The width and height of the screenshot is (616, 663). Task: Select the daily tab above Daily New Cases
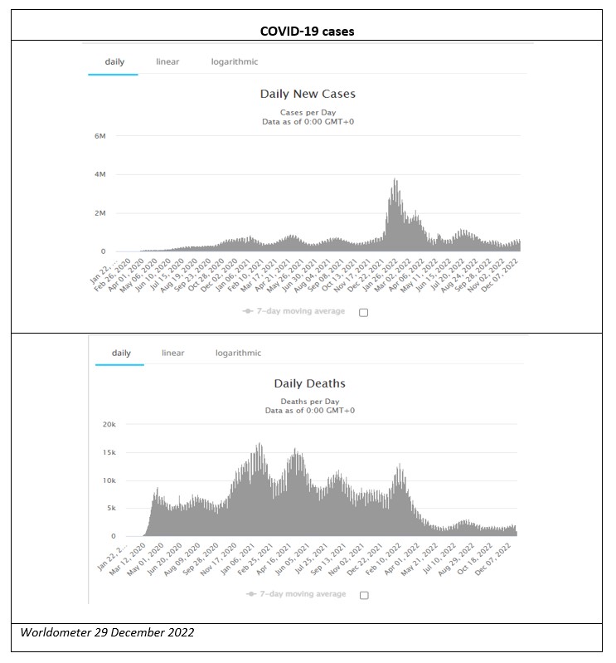pyautogui.click(x=114, y=61)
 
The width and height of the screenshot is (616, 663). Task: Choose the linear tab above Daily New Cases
pyautogui.click(x=167, y=61)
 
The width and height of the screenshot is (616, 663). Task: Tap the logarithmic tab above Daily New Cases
pyautogui.click(x=234, y=61)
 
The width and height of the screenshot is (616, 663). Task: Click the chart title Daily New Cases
pyautogui.click(x=308, y=94)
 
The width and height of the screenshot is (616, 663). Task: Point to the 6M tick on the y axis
pyautogui.click(x=99, y=136)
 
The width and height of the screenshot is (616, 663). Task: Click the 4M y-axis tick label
pyautogui.click(x=99, y=174)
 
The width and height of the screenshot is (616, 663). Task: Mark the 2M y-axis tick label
pyautogui.click(x=99, y=213)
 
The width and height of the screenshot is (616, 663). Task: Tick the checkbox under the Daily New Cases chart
pyautogui.click(x=363, y=312)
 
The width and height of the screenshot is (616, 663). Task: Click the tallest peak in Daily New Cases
pyautogui.click(x=395, y=180)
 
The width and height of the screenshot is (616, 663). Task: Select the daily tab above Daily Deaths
pyautogui.click(x=120, y=353)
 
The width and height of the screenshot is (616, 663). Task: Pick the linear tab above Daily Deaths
pyautogui.click(x=172, y=353)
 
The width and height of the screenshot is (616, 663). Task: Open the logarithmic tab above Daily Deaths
pyautogui.click(x=238, y=353)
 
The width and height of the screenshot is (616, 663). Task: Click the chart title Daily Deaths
pyautogui.click(x=309, y=383)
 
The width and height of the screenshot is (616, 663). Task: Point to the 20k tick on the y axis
pyautogui.click(x=108, y=424)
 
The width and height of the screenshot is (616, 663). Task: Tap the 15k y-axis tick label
pyautogui.click(x=108, y=452)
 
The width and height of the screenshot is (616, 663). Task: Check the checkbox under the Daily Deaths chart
pyautogui.click(x=363, y=595)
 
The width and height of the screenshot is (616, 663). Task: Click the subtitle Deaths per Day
pyautogui.click(x=309, y=402)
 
